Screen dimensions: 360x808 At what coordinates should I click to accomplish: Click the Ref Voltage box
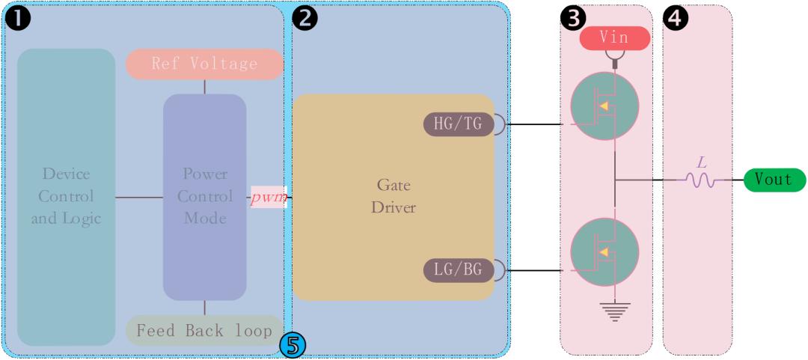[x=204, y=64]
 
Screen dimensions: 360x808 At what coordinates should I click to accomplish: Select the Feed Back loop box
[x=204, y=330]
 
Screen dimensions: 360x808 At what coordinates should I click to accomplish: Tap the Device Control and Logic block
[x=66, y=196]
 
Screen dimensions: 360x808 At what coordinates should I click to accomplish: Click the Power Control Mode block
[x=204, y=196]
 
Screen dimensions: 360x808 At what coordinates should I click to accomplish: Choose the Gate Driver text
[x=393, y=196]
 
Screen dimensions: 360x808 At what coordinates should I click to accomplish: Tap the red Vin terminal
[x=613, y=37]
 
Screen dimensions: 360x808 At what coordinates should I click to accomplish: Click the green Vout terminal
[x=774, y=180]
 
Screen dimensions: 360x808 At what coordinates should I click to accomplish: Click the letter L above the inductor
[x=701, y=162]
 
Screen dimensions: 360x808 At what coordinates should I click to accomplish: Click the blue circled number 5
[x=293, y=344]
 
